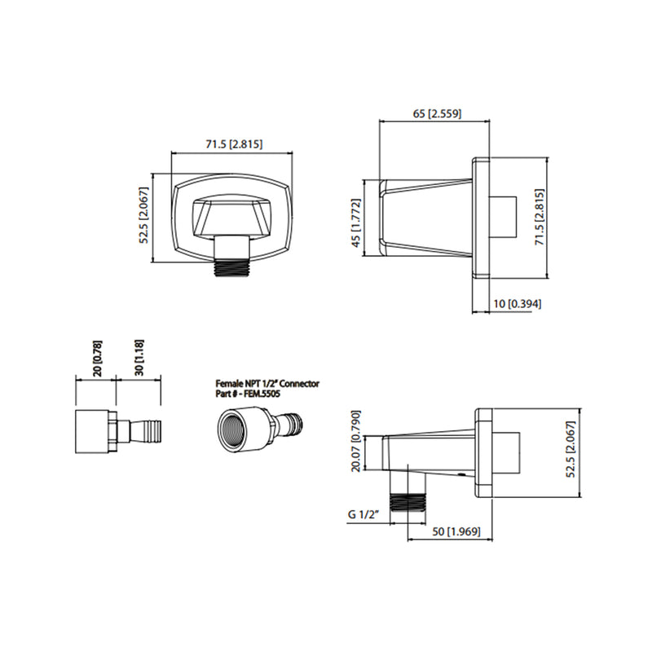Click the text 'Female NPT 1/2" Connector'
(267, 383)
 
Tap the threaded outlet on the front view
(232, 266)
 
